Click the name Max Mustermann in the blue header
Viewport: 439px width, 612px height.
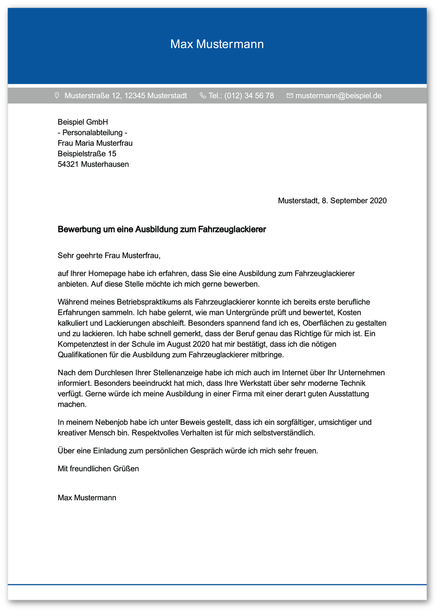tap(217, 44)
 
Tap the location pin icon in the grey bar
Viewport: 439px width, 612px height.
tap(57, 96)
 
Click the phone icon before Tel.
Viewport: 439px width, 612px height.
tap(203, 96)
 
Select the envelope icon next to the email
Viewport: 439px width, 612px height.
tap(289, 96)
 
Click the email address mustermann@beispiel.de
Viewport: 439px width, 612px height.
tap(338, 96)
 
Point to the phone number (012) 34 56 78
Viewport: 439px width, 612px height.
tap(249, 96)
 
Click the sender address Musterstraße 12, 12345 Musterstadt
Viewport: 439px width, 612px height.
tap(126, 96)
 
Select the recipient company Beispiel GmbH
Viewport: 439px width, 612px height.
tap(83, 122)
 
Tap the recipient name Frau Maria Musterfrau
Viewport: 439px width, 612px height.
tap(95, 143)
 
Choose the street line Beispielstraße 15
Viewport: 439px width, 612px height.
tap(87, 154)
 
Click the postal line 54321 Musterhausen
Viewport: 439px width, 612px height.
tap(93, 164)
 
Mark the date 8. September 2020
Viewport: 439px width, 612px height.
tap(354, 201)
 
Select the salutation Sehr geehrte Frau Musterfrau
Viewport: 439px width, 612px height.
tap(109, 256)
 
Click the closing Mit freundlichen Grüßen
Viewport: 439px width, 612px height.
tap(98, 468)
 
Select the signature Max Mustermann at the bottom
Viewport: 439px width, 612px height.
tap(87, 498)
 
